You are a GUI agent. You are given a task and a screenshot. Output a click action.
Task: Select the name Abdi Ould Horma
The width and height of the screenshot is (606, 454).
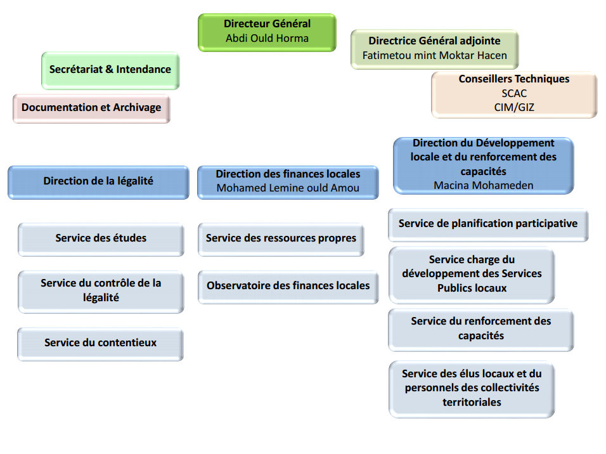coord(267,38)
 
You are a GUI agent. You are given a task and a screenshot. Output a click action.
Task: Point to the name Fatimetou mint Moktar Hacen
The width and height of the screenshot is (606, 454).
coord(434,55)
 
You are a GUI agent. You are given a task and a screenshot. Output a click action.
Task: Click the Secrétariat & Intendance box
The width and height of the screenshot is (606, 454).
coord(110,70)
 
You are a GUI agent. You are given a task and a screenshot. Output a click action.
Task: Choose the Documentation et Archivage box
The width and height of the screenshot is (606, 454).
coord(91,108)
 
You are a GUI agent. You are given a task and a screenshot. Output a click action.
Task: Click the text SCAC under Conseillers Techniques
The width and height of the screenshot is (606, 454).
coord(514,93)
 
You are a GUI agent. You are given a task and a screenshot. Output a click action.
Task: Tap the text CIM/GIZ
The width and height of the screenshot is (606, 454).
coord(514,107)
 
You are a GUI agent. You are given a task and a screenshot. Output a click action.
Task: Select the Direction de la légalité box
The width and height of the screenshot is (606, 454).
coord(98,181)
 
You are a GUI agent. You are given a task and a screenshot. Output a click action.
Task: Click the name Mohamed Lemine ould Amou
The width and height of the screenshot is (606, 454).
coord(288,188)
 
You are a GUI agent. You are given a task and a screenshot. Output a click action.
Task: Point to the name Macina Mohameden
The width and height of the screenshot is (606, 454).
coord(483,185)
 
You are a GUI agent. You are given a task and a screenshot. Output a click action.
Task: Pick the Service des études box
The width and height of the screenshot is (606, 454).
coord(101,238)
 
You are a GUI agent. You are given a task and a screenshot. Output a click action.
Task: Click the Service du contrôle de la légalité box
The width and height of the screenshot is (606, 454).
coord(101,290)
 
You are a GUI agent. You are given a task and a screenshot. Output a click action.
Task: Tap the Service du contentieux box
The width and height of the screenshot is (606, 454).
coord(100,343)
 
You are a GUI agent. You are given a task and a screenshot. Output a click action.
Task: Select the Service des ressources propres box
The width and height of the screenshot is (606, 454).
coord(281,238)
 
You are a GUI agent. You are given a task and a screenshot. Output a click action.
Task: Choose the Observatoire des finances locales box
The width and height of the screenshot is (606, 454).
coord(288,286)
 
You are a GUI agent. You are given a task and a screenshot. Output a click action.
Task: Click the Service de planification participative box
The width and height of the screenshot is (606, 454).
coord(487,224)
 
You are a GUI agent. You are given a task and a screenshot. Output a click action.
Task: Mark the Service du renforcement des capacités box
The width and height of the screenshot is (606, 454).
coord(480,328)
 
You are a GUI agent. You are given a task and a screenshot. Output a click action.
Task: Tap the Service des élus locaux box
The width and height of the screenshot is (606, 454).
coord(472,388)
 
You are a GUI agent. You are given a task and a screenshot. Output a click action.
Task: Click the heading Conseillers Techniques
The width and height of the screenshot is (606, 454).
coord(514,79)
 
